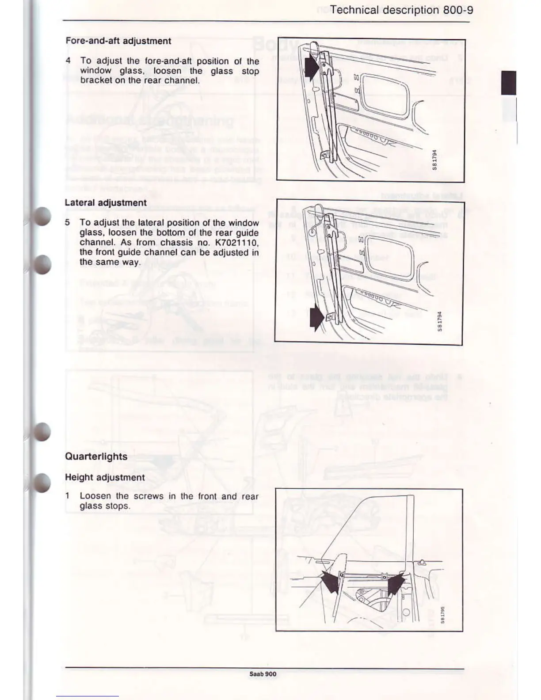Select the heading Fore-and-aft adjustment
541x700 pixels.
(x=118, y=41)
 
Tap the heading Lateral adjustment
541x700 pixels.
(x=106, y=203)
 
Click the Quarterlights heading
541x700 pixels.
(x=96, y=457)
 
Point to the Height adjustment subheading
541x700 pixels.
(x=105, y=477)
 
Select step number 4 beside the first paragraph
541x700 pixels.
(x=68, y=61)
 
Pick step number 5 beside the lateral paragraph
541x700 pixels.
(x=67, y=223)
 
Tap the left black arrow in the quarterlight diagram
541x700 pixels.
(x=331, y=581)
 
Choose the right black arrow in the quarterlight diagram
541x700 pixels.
(x=396, y=583)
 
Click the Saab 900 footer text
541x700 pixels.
(x=263, y=674)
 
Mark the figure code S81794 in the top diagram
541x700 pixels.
(x=434, y=160)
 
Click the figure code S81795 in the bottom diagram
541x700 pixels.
(x=442, y=615)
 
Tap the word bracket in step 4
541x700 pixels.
(x=96, y=80)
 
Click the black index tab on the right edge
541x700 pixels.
(x=509, y=83)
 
